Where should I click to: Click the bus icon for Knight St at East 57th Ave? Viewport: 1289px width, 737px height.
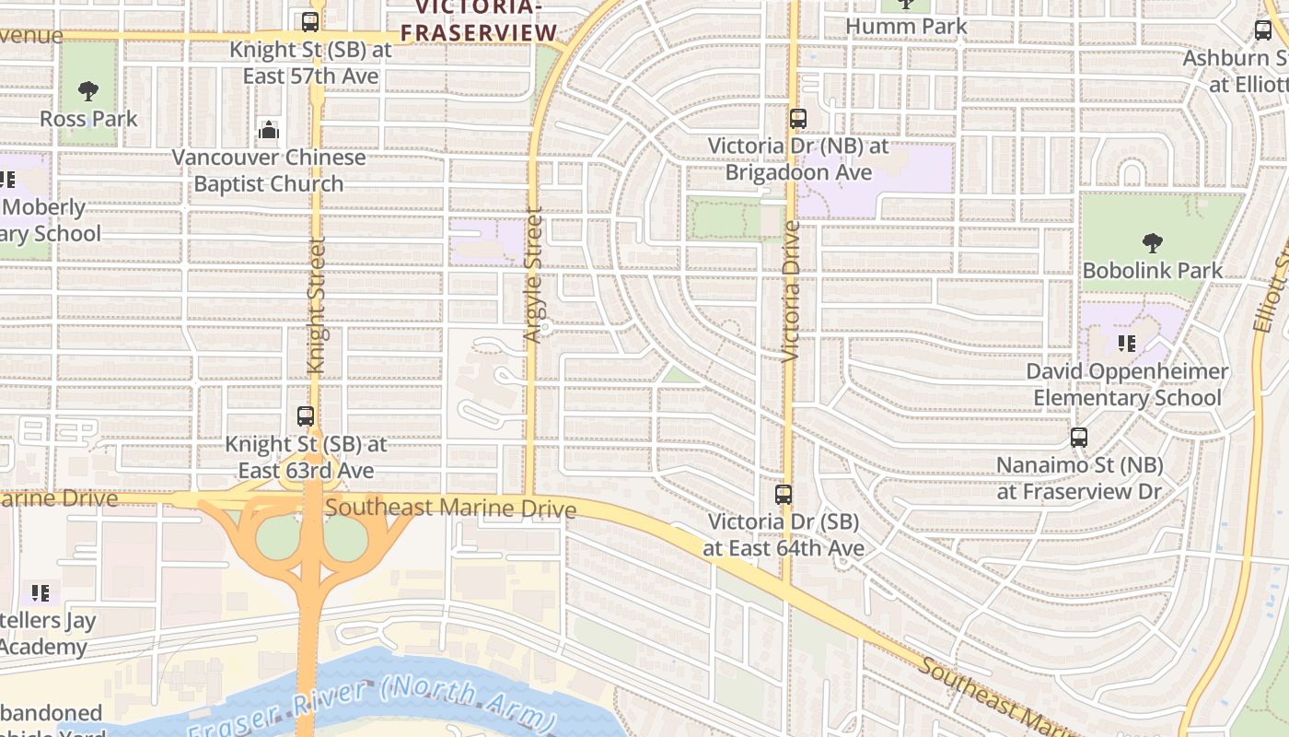[310, 22]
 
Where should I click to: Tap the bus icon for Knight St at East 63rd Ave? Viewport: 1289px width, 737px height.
[306, 416]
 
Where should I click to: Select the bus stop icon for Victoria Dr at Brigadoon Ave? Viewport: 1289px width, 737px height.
[797, 119]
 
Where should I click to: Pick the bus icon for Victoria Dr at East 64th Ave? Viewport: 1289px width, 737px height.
[784, 495]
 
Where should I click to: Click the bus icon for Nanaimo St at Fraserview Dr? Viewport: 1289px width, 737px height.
[1079, 438]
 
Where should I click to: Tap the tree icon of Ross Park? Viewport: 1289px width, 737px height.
[88, 91]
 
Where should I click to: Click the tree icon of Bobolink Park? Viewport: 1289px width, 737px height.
[1152, 243]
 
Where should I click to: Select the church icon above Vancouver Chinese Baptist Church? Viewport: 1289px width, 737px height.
[269, 130]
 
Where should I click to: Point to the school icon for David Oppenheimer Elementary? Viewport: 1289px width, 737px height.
[1126, 345]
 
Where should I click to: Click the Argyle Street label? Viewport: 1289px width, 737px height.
[533, 275]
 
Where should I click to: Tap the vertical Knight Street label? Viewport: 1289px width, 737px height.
[317, 305]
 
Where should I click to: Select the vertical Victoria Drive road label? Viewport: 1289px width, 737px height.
[791, 290]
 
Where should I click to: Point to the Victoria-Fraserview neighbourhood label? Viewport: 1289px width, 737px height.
[480, 20]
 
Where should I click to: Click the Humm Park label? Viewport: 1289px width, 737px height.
[906, 26]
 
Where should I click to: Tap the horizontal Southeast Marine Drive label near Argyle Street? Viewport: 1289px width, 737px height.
[450, 508]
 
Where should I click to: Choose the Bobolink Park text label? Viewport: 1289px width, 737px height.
[1153, 271]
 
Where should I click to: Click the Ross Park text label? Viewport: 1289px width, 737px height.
[88, 119]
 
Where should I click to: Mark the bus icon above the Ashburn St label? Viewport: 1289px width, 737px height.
[1263, 29]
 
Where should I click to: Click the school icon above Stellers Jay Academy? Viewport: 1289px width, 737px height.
[40, 592]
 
